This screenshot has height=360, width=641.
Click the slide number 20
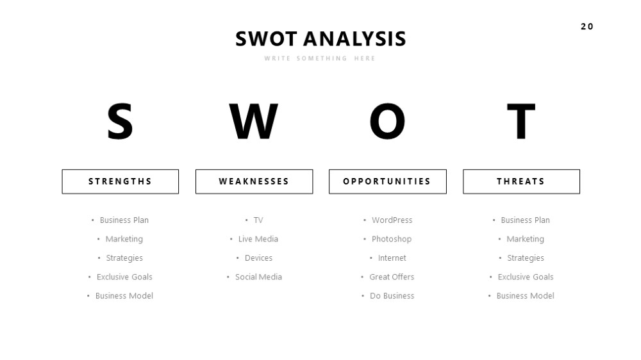(587, 26)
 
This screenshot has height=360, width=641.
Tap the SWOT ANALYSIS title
(320, 39)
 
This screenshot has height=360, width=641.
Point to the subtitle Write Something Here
(320, 58)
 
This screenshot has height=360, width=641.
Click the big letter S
(120, 121)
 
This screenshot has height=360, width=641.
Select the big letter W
(253, 121)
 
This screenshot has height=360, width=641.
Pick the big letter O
(387, 121)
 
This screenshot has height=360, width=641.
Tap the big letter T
(520, 121)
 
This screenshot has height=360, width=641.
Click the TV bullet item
(258, 220)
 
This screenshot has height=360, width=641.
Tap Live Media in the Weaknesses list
(258, 239)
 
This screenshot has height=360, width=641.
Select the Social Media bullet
(258, 277)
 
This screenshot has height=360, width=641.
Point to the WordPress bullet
(392, 220)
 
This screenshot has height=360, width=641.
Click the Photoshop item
(392, 239)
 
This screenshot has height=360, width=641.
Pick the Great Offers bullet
(392, 277)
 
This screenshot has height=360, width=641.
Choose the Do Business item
(392, 296)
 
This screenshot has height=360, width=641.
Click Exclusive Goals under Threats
(526, 277)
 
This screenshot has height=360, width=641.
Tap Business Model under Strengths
(124, 296)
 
